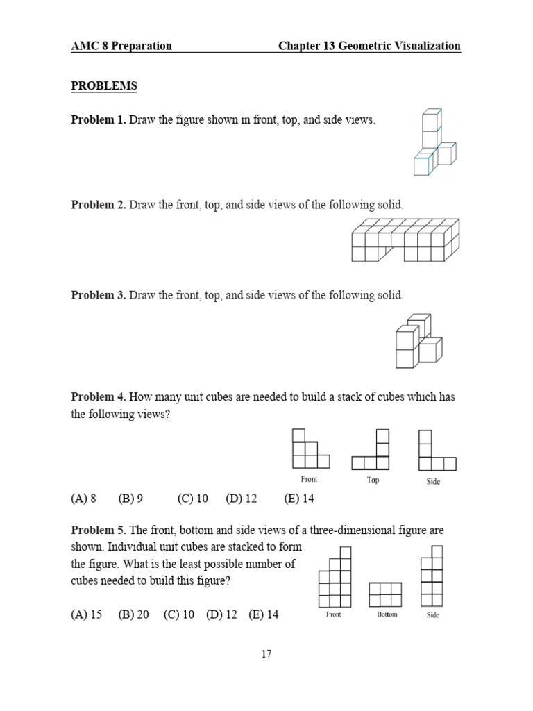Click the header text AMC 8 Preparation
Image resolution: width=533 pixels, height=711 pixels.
(x=121, y=46)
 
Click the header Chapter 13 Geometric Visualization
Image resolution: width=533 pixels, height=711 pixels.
(x=369, y=46)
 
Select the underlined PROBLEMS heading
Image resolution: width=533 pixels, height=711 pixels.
(x=104, y=86)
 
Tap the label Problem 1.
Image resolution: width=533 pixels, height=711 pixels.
(x=99, y=120)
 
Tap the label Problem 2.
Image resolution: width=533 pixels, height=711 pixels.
(x=99, y=205)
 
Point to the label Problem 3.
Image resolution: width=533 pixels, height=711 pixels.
(x=99, y=295)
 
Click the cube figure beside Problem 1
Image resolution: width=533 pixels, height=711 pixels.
(x=433, y=143)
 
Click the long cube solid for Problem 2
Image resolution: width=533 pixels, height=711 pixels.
(x=405, y=240)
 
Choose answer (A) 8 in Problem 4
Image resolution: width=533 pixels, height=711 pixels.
(x=83, y=499)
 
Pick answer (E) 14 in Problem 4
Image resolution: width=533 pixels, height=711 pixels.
(x=299, y=499)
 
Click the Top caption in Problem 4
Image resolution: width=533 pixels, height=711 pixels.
(x=373, y=480)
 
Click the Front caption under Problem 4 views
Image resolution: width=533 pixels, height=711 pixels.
(x=309, y=479)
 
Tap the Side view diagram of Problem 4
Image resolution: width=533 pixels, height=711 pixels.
(x=436, y=451)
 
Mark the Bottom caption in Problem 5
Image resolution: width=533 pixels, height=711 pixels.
(x=387, y=614)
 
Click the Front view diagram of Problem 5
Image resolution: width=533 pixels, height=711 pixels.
(x=335, y=578)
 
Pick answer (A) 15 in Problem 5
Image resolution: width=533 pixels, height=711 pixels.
(x=86, y=614)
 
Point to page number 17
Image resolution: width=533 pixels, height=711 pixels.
(x=266, y=654)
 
